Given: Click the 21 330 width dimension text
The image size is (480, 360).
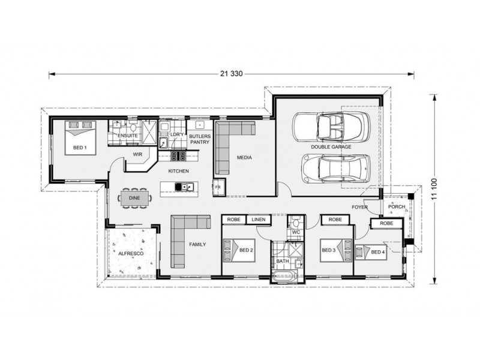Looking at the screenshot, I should [230, 74].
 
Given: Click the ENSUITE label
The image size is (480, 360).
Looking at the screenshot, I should [128, 136].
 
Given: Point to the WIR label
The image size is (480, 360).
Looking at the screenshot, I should [137, 154].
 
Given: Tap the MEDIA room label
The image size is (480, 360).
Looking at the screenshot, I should [244, 158].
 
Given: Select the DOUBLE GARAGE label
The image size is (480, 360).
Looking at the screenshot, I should [331, 146].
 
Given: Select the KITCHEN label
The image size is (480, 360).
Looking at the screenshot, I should [178, 172].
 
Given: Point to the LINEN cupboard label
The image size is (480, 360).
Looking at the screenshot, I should [259, 220].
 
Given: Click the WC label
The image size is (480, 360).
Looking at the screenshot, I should [296, 232].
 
